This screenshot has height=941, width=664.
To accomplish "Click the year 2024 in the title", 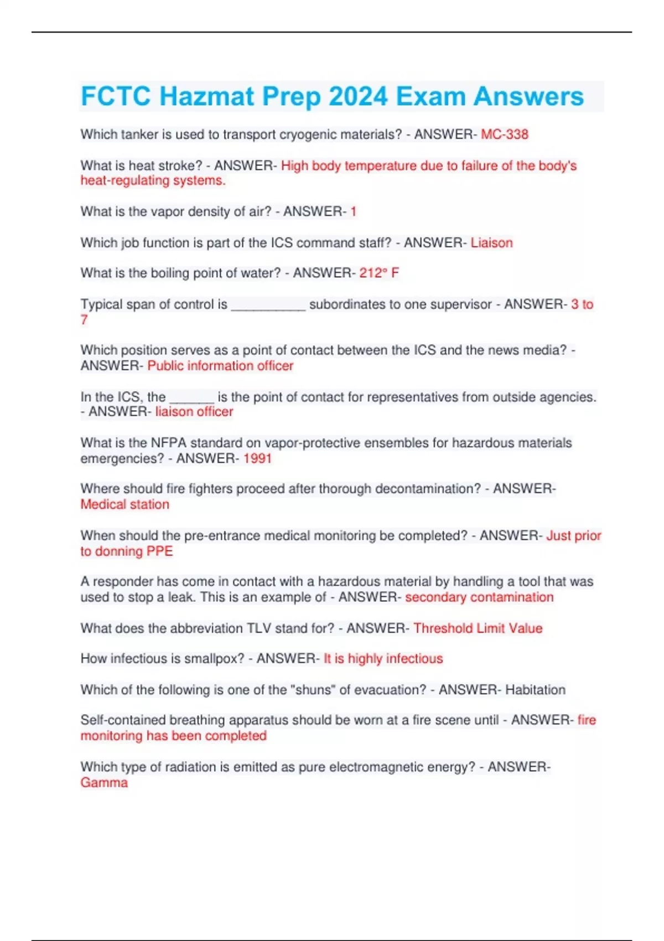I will pos(358,96).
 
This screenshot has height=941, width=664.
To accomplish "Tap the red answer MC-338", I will pos(505,135).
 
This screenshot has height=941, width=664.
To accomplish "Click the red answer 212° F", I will pos(379,273).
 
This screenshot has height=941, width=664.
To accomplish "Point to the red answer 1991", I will pos(257,458).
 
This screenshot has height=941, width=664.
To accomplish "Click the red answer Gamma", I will pos(104,783).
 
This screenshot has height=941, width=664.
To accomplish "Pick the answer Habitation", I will pos(535,690).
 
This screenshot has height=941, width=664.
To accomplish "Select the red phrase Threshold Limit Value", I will pos(478,628).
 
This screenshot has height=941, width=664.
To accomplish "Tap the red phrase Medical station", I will pos(125,504).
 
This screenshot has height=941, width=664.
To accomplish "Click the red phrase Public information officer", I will pos(220,366).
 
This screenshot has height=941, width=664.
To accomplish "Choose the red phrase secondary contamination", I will pos(479,597).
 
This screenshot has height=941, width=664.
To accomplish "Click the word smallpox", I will pos(214,659).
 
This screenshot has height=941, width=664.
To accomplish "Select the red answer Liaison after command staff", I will pos(491,242).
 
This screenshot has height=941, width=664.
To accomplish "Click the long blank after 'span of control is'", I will pos(268,306).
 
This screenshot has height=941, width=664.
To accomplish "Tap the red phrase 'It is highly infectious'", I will pos(383,659).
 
